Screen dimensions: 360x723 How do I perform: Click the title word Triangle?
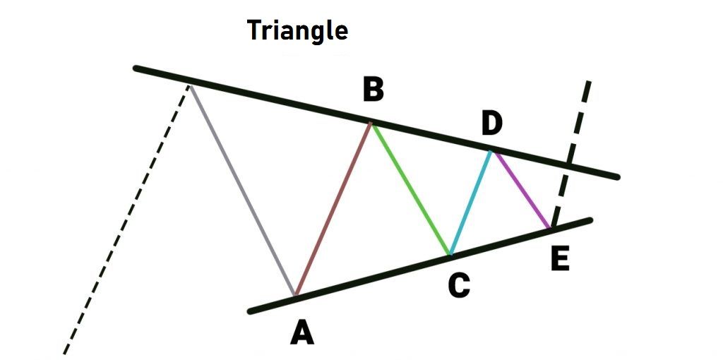coord(297,30)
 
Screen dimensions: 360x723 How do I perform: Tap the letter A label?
coord(302,332)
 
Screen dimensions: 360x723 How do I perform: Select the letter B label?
coord(374,90)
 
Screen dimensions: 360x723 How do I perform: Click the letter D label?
coord(491,124)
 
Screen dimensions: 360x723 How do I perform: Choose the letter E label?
coord(560,259)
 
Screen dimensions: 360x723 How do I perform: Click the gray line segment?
coord(242,189)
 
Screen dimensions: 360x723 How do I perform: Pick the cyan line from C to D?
coord(470,203)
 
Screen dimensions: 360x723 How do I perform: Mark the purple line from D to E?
coord(522,190)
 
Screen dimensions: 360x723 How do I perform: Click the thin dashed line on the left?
coord(127,219)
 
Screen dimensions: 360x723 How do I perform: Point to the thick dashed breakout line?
coord(578,127)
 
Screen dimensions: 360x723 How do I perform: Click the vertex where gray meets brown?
coord(294,295)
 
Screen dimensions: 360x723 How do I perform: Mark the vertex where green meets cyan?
coord(450,254)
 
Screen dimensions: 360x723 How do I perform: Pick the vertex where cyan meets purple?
coord(492,150)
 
